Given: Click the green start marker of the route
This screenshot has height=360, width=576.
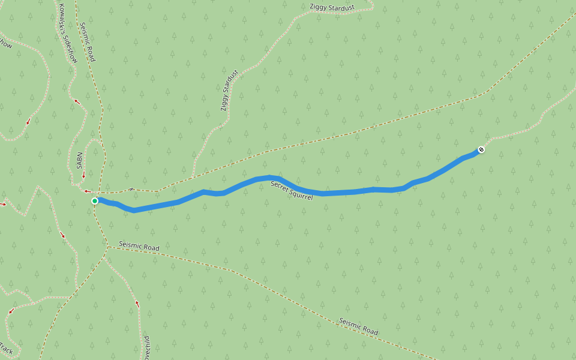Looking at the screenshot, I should tap(95, 201).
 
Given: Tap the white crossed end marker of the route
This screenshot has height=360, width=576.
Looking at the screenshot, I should tap(481, 149).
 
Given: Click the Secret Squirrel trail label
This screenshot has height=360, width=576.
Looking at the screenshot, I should tap(292, 190).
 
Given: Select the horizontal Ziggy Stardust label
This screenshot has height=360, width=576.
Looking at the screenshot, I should tap(332, 7).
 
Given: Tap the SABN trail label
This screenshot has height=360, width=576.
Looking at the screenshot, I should tap(79, 161).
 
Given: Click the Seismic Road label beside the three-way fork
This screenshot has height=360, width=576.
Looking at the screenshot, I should tap(139, 247).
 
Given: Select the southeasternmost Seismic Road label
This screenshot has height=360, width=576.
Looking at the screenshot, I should tap(358, 327).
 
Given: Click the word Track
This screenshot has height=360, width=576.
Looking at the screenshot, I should tap(6, 348).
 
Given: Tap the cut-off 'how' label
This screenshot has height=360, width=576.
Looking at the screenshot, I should tap(5, 44).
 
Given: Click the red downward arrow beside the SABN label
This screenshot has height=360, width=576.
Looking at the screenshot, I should tap(83, 175).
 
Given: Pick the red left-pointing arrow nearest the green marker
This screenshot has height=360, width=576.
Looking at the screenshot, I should tap(86, 191).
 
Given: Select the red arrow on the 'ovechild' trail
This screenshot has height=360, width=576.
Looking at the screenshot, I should tap(137, 304).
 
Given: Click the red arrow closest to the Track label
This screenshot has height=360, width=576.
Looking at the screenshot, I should tap(10, 311).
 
